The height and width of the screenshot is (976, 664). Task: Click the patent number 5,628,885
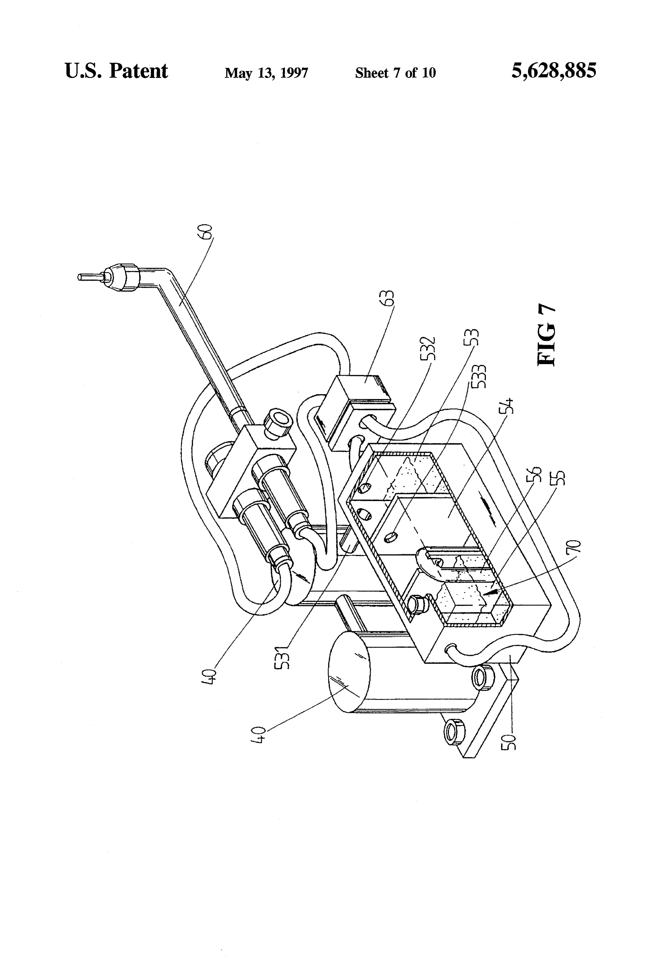pos(553,71)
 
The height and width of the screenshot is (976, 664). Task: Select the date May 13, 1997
pos(266,73)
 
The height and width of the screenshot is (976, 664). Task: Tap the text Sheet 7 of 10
pos(395,73)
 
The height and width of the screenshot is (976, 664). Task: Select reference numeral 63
pos(389,297)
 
